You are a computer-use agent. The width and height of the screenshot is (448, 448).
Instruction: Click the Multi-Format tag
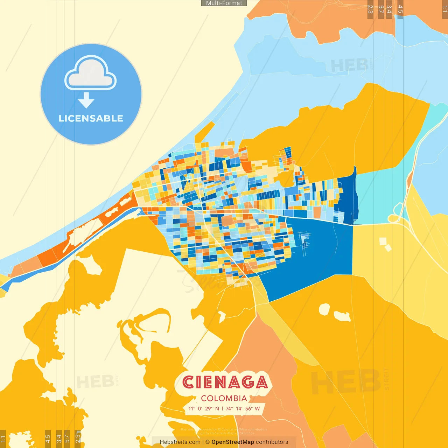click(x=224, y=3)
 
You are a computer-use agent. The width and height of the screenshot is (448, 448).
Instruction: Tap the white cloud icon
click(x=91, y=73)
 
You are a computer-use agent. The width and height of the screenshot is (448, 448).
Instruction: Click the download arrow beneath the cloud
click(x=86, y=101)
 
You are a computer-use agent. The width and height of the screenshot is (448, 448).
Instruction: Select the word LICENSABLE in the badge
click(x=91, y=118)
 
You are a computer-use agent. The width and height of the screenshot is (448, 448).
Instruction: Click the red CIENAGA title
click(x=225, y=382)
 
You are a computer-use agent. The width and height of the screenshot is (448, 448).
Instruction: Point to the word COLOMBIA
click(x=224, y=398)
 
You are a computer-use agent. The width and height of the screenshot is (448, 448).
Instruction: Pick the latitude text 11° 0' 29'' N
click(x=204, y=408)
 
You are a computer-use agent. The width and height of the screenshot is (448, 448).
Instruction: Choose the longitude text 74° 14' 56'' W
click(x=243, y=408)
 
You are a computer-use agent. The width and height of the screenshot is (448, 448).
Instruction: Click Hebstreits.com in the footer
click(x=180, y=442)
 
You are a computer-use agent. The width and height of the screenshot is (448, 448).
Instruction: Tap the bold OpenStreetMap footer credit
click(x=233, y=442)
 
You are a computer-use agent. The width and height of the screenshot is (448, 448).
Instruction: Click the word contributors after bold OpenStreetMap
click(x=272, y=442)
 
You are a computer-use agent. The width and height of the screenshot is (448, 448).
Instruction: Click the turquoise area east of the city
click(x=378, y=196)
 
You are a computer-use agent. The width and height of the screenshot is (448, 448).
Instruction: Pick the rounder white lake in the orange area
click(x=324, y=309)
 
